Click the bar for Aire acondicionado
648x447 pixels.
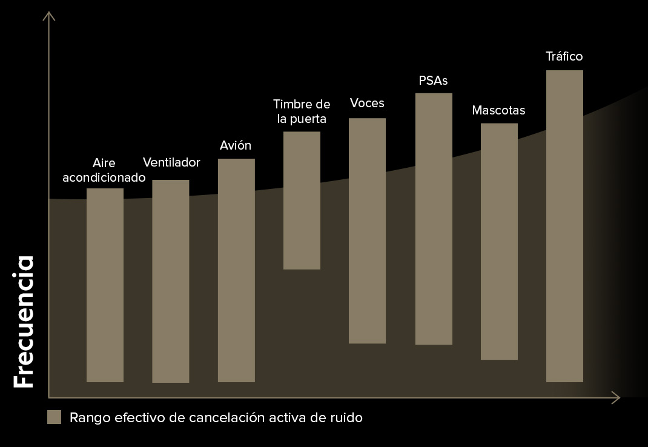(x=105, y=285)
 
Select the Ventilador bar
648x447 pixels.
(x=170, y=281)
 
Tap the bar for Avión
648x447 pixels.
(x=236, y=270)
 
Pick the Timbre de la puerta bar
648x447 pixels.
(x=302, y=200)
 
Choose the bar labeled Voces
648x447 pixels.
(x=367, y=231)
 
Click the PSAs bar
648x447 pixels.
(x=434, y=219)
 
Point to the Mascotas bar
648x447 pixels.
(x=499, y=242)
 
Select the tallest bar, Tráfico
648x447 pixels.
(x=564, y=226)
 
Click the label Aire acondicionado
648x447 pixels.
(x=104, y=170)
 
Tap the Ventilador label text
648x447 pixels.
(x=171, y=162)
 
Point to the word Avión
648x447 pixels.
(x=235, y=146)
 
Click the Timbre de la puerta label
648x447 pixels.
(x=302, y=111)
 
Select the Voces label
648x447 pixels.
(x=367, y=103)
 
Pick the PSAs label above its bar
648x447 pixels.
(x=434, y=80)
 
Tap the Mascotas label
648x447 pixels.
(x=498, y=111)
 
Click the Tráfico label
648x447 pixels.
(x=564, y=56)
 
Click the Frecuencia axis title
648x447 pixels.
(x=24, y=322)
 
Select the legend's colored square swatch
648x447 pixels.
(x=55, y=417)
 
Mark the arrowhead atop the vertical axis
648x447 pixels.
(x=49, y=15)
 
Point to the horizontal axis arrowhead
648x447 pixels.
(x=616, y=397)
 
